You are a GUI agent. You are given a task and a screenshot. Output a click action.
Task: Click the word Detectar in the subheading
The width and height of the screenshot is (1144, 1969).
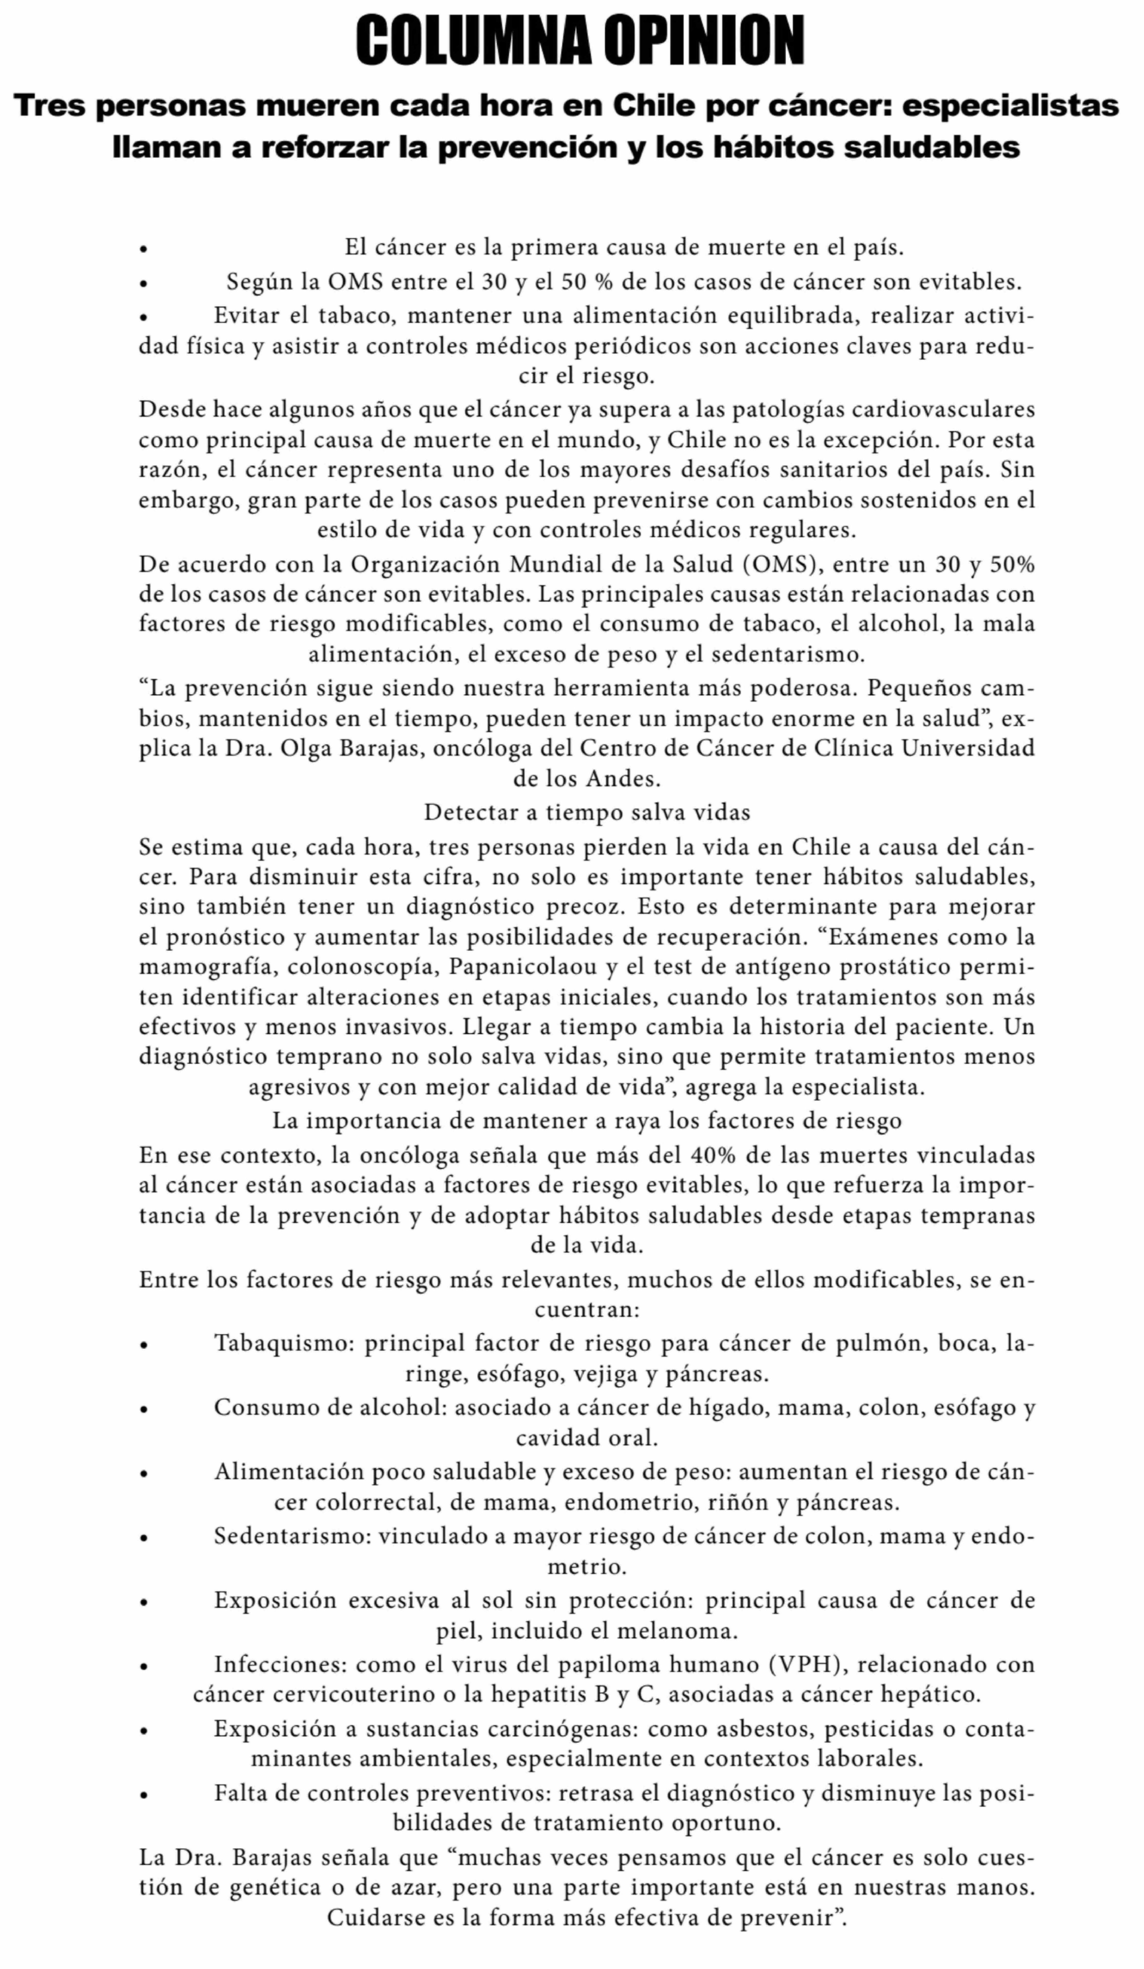470,813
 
